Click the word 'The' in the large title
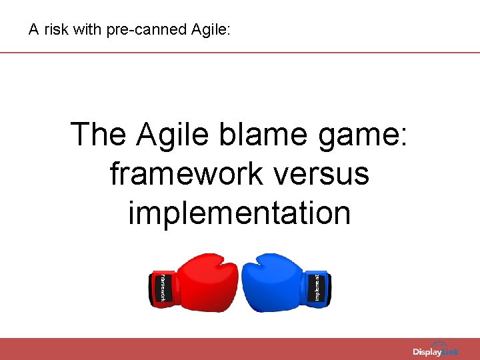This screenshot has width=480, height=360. click(99, 134)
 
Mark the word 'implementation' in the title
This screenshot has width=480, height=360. click(239, 213)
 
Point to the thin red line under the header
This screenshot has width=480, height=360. click(240, 52)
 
